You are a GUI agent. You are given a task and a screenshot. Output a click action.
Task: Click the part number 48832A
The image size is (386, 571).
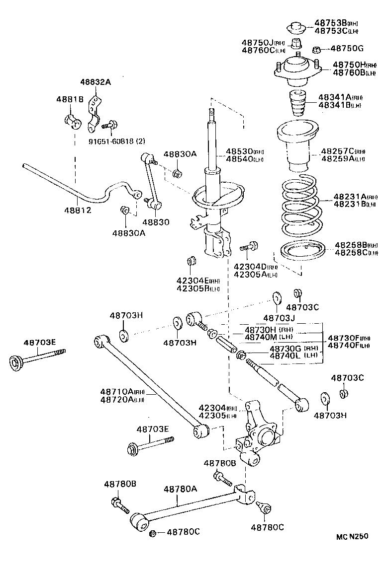[x=95, y=82]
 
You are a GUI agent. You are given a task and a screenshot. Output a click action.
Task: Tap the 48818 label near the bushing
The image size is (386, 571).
[x=69, y=100]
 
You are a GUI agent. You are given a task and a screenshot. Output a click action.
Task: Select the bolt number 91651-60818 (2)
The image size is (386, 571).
[x=117, y=141]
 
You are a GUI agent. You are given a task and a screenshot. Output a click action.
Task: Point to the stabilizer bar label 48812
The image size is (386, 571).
[x=78, y=210]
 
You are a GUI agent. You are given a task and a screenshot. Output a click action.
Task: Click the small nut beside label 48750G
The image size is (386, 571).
[x=316, y=49]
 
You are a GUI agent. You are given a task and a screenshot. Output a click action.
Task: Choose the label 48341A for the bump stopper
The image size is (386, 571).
[x=335, y=97]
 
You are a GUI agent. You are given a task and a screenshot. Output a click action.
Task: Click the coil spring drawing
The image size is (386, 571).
[x=297, y=206]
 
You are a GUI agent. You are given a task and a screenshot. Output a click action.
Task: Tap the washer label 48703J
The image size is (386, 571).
[x=280, y=318]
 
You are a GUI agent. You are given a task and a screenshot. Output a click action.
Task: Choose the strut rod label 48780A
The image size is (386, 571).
[x=181, y=489]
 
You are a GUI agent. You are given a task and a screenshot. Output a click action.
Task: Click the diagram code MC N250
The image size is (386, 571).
[x=352, y=536]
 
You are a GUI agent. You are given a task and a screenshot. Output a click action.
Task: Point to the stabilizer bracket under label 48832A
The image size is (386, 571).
[x=93, y=115]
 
